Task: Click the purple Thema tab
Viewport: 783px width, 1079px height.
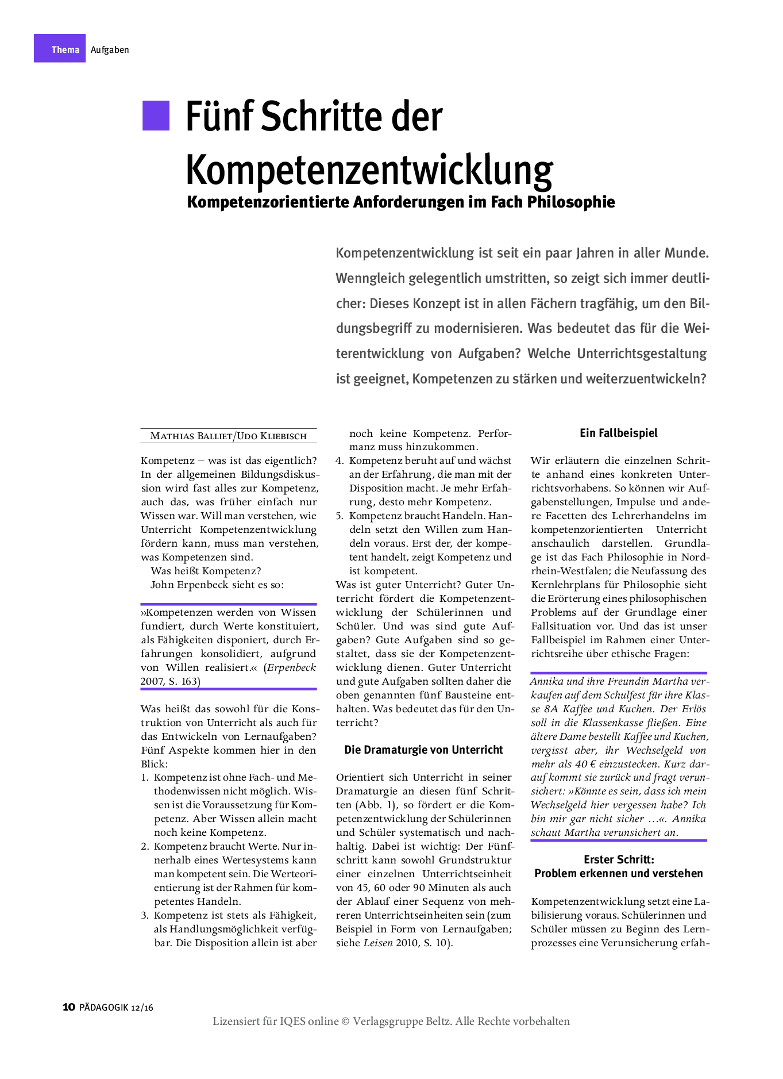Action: coord(60,49)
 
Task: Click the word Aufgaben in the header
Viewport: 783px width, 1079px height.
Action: coord(110,49)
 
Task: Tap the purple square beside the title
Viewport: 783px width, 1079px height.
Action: coord(156,116)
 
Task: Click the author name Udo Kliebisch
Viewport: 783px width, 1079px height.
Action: coord(272,436)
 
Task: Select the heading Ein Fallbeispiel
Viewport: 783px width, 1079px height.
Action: coord(618,433)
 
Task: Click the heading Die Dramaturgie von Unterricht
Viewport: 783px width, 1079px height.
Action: coord(423,750)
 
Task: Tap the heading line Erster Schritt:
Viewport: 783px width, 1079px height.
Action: coord(619,859)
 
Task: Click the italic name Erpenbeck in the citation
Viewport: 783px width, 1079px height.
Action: coord(291,667)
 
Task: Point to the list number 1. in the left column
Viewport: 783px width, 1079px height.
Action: coord(145,777)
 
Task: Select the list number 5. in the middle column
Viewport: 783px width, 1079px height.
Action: coord(340,516)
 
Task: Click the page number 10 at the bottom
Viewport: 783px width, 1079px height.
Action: coord(68,1007)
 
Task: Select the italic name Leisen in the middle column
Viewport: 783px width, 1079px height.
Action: coord(378,943)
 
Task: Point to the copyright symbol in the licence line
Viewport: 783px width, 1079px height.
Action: coord(345,1022)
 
